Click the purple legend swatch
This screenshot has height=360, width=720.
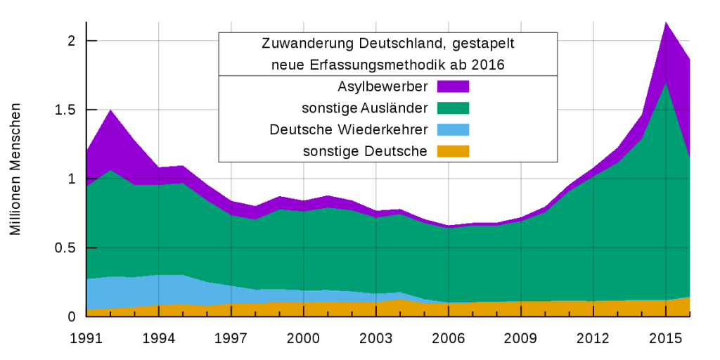pos(453,87)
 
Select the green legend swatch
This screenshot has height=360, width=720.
pos(453,108)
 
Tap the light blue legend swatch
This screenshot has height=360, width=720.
pos(453,130)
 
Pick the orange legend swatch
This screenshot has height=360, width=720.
pos(453,152)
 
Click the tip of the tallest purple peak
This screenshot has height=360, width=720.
pos(666,22)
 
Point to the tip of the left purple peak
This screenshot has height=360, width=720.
pos(110,110)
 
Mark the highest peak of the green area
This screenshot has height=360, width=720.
pos(665,83)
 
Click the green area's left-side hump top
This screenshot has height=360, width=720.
pos(110,170)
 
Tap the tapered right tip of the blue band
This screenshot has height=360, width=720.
pos(447,302)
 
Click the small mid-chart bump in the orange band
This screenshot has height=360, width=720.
pos(399,300)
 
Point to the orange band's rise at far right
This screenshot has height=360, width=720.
pos(688,297)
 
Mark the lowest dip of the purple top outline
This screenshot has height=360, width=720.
pos(448,226)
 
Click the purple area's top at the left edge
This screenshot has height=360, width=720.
pos(88,148)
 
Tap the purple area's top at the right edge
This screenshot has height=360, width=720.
pos(689,58)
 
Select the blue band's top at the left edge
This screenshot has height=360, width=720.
pos(88,279)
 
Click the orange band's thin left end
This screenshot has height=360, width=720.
pos(89,312)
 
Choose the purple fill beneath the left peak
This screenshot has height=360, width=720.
pos(110,141)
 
